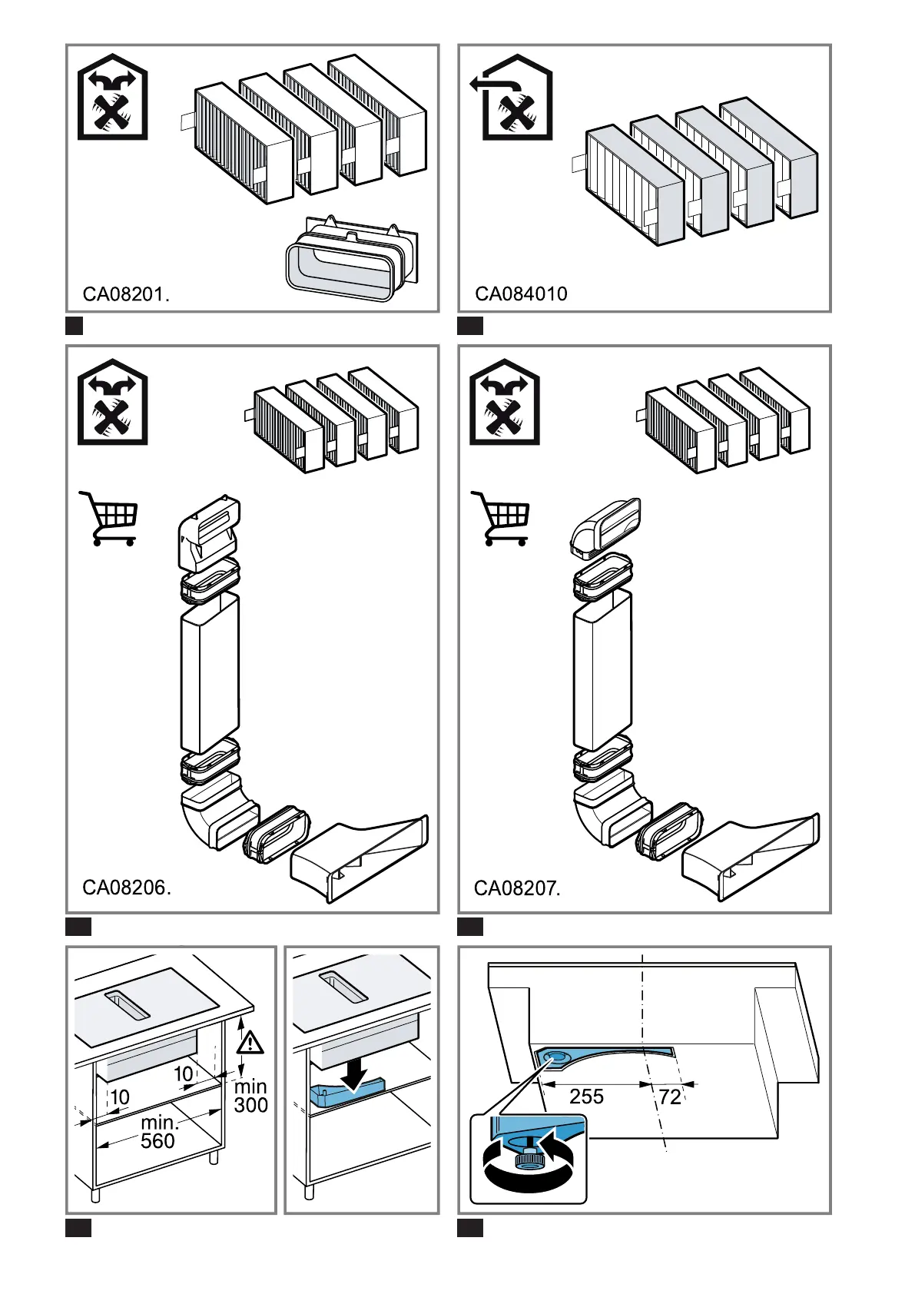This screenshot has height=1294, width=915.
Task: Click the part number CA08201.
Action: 126,294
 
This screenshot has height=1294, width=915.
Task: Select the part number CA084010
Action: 521,294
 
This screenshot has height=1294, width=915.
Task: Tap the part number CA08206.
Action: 127,888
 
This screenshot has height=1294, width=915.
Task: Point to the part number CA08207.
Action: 517,888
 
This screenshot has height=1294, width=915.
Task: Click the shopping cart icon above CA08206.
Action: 108,518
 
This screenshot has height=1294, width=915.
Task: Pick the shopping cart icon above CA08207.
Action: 500,518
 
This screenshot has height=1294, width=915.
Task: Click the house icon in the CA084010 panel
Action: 511,98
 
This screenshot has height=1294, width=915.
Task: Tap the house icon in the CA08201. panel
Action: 113,97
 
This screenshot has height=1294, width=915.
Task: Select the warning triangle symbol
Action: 250,1043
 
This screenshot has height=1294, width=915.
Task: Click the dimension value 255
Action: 586,1097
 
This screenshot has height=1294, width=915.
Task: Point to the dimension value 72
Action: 670,1097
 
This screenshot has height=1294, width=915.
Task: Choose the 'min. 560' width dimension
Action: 157,1132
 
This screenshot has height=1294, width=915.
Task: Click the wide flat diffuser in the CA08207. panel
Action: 751,858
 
